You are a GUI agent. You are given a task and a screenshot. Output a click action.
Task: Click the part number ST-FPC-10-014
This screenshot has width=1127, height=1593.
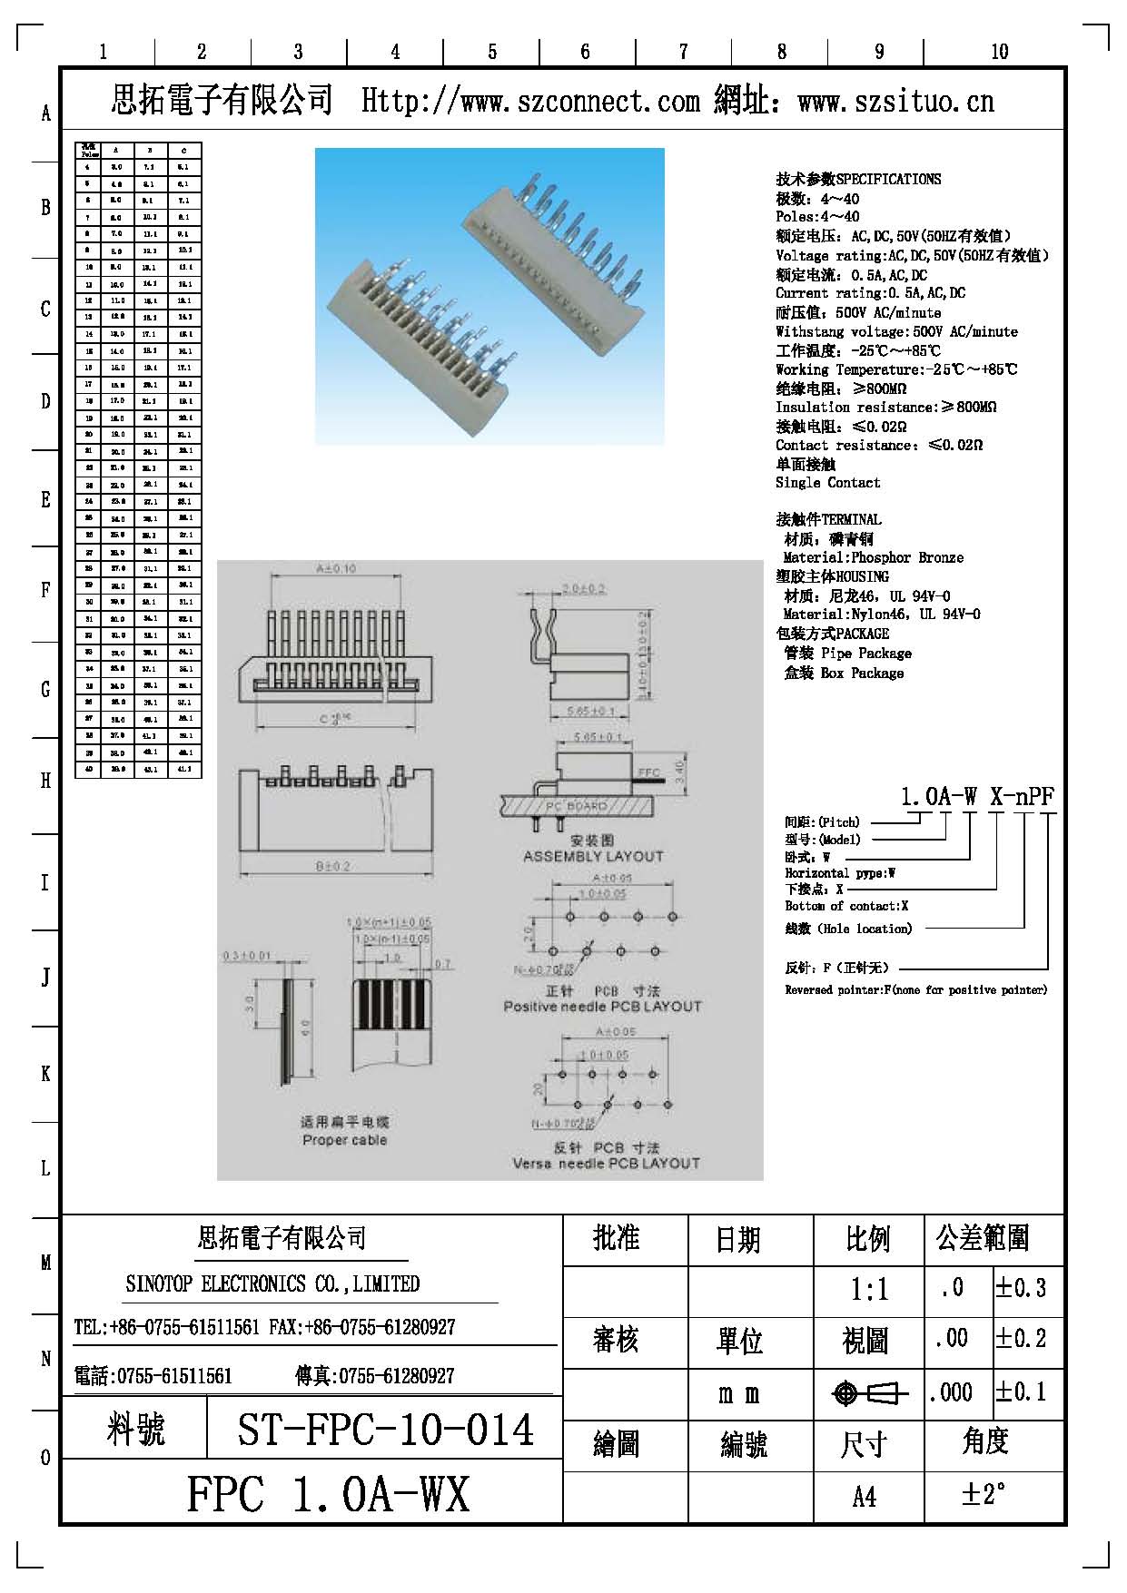click(x=385, y=1431)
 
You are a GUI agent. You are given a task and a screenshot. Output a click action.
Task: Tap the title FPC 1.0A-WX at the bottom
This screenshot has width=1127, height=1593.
click(x=328, y=1494)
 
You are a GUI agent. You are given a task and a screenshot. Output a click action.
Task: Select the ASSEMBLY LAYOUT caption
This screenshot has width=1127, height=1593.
click(x=593, y=856)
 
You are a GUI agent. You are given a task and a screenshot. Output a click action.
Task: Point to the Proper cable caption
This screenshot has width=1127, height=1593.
click(x=344, y=1140)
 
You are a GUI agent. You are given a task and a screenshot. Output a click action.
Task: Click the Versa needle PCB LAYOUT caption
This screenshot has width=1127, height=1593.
click(x=606, y=1164)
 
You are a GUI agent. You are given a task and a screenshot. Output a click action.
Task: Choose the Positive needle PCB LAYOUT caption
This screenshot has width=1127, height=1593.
click(x=602, y=1007)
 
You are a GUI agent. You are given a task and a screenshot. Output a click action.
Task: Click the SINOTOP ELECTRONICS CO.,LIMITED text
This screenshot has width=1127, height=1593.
click(x=272, y=1283)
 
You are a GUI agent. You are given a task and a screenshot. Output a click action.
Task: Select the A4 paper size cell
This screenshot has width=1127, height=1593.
click(x=865, y=1495)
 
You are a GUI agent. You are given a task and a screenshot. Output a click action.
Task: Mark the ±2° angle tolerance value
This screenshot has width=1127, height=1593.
click(x=984, y=1494)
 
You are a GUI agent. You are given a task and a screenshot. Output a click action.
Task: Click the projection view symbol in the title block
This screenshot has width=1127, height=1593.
click(x=870, y=1393)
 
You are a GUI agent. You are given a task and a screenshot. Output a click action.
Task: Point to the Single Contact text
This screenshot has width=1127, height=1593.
click(x=827, y=483)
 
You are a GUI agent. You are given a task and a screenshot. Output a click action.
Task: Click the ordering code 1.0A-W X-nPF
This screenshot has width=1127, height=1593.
click(x=977, y=797)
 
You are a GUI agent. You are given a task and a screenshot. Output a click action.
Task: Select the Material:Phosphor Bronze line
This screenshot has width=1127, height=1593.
click(x=873, y=557)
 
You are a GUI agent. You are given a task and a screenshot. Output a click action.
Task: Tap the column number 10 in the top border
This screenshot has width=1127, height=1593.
click(x=999, y=52)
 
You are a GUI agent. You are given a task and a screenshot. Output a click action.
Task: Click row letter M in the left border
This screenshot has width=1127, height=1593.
click(x=45, y=1263)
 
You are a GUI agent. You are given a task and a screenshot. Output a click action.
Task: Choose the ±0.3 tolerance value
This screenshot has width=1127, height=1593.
click(x=1021, y=1288)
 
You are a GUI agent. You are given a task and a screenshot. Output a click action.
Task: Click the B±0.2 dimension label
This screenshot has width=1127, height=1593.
click(x=333, y=867)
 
